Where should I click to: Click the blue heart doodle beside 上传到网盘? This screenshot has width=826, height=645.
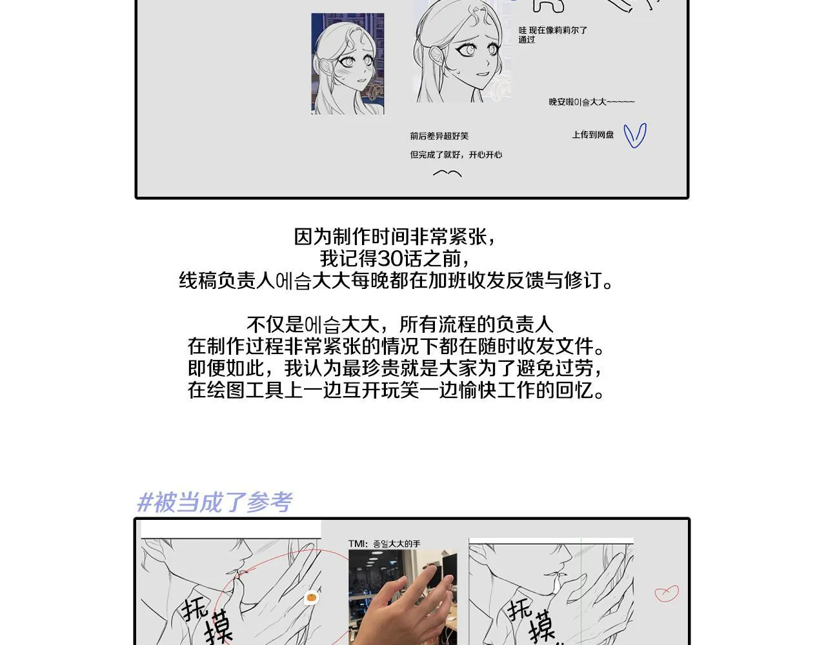coord(635,135)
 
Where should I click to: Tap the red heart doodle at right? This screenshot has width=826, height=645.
coord(667,593)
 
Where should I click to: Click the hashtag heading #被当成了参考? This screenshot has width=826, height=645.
coord(215,502)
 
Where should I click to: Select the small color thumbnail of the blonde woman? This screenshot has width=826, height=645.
coord(347,64)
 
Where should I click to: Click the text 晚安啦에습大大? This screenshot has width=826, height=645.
coord(591,102)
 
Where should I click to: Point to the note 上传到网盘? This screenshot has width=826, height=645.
coord(592,135)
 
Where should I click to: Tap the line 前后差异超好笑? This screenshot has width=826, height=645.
coord(439,136)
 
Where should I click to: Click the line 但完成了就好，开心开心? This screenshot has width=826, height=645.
coord(456,155)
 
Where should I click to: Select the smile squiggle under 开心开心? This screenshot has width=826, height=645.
coord(447,174)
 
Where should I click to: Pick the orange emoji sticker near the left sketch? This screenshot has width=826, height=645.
coord(312,597)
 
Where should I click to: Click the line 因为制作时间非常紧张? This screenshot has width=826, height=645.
coord(396,237)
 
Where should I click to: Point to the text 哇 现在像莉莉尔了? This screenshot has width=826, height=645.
coord(552,30)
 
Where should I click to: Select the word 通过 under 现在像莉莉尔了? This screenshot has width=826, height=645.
coord(527,40)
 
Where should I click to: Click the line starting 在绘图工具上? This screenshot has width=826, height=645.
coord(396,390)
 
